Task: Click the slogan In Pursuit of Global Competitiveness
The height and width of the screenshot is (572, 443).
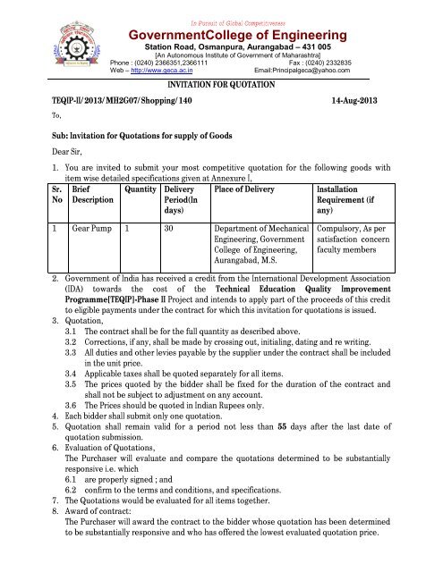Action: click(221, 7)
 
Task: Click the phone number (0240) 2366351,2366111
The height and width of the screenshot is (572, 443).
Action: click(166, 60)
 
